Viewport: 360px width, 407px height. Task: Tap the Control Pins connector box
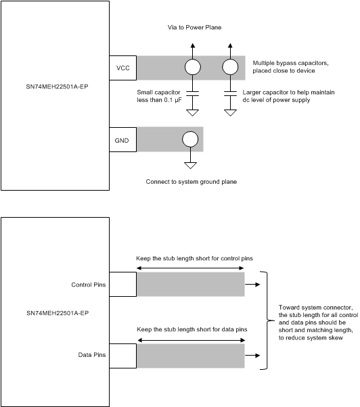click(122, 285)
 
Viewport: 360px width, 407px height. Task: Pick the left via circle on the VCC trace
click(193, 67)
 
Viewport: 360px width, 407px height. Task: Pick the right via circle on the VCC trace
click(230, 67)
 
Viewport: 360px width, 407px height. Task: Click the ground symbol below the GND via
click(191, 165)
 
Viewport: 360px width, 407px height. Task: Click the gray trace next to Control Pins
click(190, 285)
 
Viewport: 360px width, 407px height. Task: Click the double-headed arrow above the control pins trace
click(190, 268)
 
